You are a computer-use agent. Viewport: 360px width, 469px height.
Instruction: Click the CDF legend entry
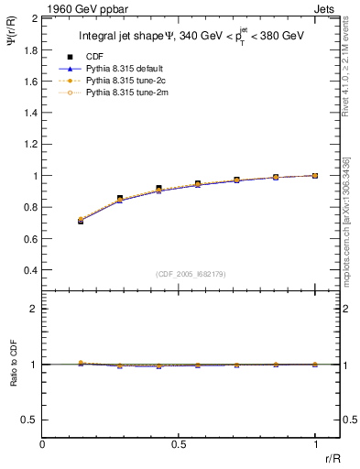tap(93, 58)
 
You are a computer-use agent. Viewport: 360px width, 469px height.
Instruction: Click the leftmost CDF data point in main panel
tap(81, 221)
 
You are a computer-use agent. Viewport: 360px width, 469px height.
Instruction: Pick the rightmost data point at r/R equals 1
tap(315, 175)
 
